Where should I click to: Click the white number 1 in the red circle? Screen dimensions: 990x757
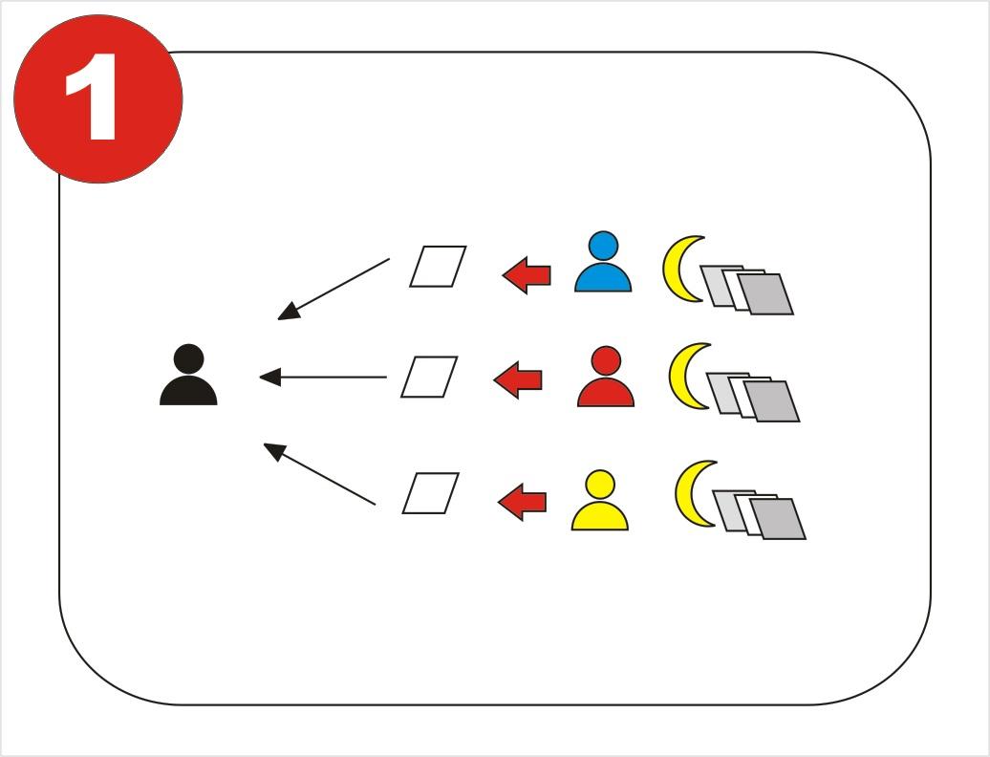[92, 97]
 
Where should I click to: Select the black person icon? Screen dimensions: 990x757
[188, 375]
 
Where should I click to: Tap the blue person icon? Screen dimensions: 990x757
[603, 261]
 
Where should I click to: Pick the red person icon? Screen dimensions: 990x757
[606, 377]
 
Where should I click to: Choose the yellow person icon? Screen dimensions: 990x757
[600, 500]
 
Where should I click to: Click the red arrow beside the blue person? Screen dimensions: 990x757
[527, 275]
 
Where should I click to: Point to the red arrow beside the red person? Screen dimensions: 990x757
[518, 380]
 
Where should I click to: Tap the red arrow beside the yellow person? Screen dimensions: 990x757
[522, 503]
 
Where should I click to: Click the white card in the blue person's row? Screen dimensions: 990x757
[438, 267]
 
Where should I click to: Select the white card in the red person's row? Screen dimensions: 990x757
[429, 377]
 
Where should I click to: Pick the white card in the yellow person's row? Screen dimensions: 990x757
[431, 493]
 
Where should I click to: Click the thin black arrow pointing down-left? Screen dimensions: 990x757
[334, 290]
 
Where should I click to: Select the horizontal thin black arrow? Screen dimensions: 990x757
[323, 378]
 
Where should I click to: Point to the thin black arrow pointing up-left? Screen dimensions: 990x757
[319, 474]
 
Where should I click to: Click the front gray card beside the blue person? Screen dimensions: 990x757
[765, 294]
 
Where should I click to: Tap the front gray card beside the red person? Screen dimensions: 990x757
[771, 401]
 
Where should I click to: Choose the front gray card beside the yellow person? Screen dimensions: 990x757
[778, 519]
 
